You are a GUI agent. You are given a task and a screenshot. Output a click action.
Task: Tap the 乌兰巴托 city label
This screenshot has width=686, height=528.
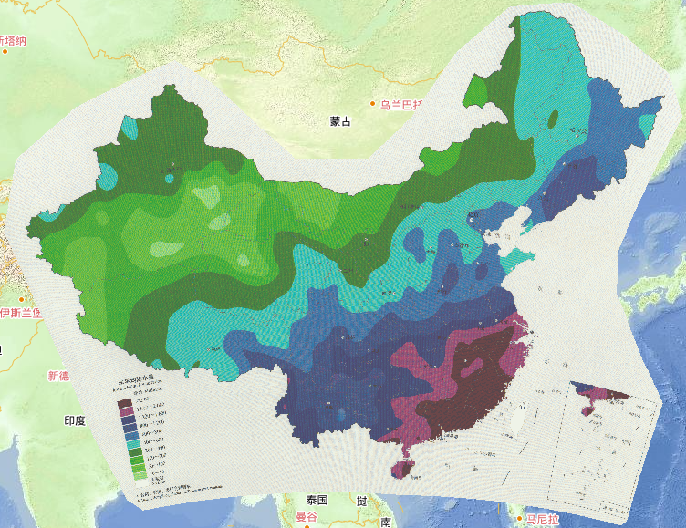click(402, 104)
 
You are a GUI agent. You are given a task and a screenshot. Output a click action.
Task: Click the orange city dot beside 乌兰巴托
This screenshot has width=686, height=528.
click(372, 104)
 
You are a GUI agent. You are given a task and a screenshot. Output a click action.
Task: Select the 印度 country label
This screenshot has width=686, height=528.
click(74, 420)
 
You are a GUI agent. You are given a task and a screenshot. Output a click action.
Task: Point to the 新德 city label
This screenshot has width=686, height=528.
click(58, 376)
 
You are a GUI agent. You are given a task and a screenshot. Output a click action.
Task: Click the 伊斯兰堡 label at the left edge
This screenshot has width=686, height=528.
click(20, 313)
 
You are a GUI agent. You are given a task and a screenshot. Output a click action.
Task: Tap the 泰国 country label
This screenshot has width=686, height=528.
click(317, 500)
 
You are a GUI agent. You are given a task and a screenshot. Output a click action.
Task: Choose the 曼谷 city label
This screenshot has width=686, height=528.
click(306, 517)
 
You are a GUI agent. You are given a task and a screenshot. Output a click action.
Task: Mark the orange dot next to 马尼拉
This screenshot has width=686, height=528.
click(517, 520)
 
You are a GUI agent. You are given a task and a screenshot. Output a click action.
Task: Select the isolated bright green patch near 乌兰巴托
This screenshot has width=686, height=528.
click(477, 91)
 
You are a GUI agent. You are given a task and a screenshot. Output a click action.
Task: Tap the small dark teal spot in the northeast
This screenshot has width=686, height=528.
click(553, 118)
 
